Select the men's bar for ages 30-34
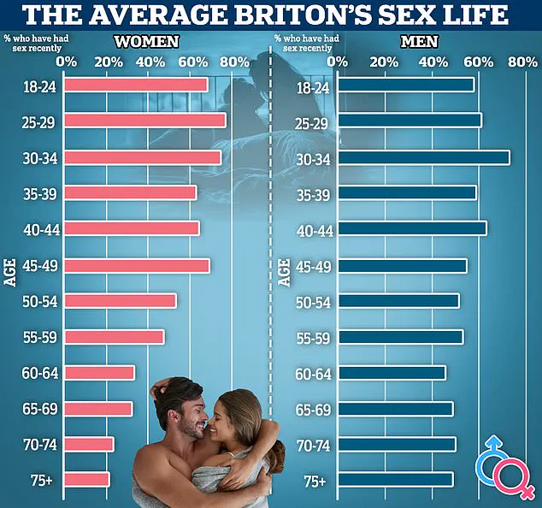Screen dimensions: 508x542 [x=423, y=157]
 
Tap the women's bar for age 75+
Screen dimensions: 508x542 [x=87, y=480]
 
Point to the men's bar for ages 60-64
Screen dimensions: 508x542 [x=392, y=373]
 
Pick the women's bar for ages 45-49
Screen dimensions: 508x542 [x=137, y=265]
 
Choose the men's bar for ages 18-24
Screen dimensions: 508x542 [x=406, y=85]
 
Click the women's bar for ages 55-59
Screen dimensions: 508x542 [x=115, y=337]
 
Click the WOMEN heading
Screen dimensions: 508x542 [x=147, y=41]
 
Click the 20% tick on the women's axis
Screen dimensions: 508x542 [x=108, y=62]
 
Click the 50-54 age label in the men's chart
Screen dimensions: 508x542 [x=312, y=301]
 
